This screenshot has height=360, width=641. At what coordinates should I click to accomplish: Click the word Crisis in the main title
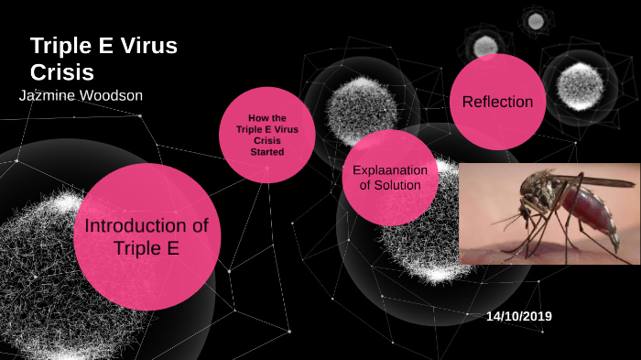coord(62,72)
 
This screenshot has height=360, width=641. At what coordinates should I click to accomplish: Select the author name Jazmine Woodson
coord(81,95)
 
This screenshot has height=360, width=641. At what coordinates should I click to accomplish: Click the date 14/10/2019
coord(519,316)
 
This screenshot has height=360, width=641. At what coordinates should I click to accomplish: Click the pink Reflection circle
coord(498,102)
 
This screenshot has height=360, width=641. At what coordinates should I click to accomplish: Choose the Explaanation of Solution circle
coord(387,177)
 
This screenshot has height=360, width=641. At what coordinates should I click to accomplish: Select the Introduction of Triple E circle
coord(147,236)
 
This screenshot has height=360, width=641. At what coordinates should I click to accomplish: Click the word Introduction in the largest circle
coord(147,226)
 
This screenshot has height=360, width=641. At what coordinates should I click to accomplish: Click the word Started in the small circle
coord(267,152)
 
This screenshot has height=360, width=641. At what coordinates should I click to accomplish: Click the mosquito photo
coord(549,213)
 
